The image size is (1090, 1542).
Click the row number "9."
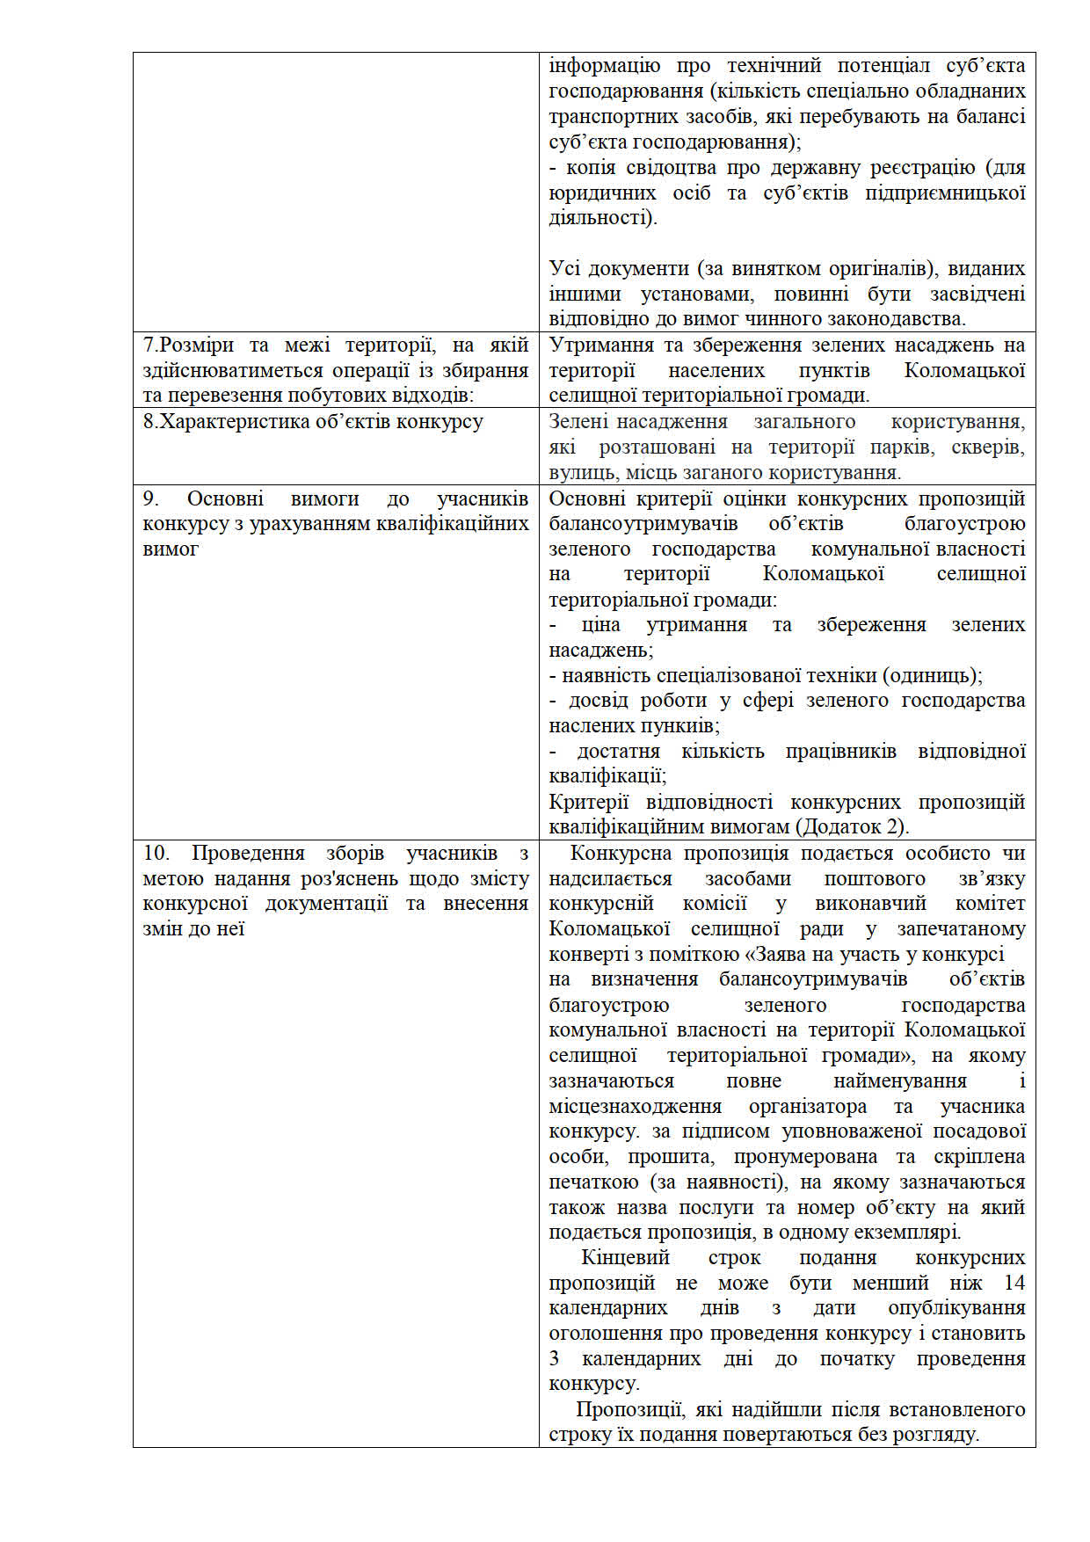click(151, 498)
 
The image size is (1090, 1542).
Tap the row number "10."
click(156, 853)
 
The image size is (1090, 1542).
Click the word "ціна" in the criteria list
click(600, 624)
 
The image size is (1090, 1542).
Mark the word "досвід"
click(598, 700)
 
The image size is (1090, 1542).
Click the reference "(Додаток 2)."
click(853, 826)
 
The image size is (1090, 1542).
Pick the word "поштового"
click(875, 878)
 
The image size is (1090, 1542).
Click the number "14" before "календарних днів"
click(1014, 1283)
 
